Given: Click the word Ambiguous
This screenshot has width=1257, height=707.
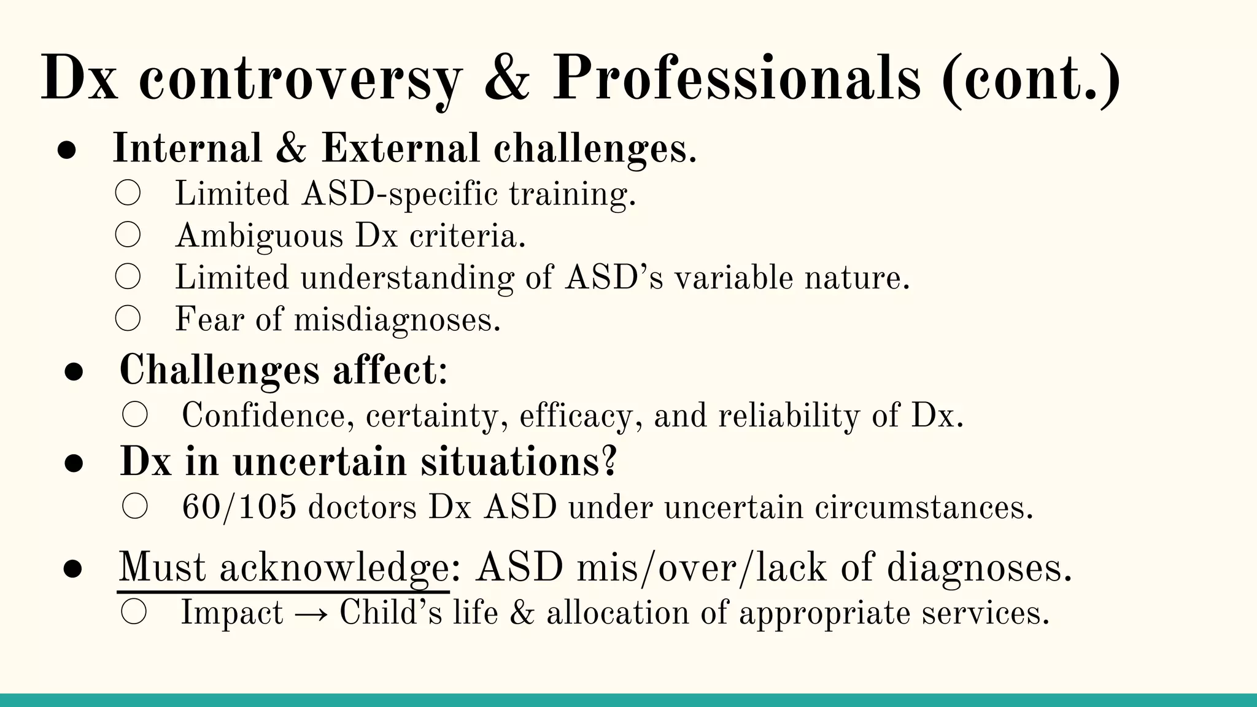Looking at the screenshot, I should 259,236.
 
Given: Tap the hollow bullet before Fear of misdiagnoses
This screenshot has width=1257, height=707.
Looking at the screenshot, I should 128,319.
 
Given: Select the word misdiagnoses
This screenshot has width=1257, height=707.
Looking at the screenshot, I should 396,320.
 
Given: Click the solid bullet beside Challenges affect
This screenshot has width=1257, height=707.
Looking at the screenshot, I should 74,372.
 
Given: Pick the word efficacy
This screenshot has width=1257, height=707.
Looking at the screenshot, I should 576,416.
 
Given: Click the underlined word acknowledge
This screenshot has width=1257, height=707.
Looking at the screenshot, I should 335,568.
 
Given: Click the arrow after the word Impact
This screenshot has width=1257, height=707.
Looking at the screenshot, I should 311,613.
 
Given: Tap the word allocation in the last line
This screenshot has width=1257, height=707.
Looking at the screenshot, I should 617,613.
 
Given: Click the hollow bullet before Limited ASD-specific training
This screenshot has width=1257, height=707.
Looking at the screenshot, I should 128,193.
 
